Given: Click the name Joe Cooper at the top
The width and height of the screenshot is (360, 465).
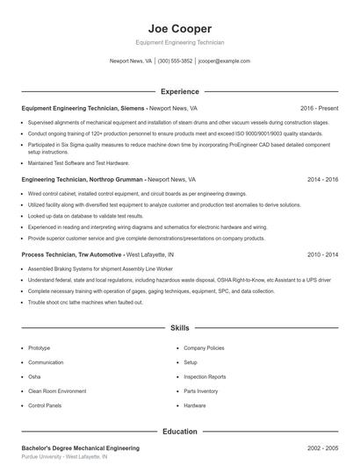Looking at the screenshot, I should [180, 28].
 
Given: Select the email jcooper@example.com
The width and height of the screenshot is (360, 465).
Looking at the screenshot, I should [224, 61].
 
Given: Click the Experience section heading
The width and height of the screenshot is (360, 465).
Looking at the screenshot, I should [180, 91].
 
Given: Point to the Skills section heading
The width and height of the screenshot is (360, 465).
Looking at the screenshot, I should [180, 328].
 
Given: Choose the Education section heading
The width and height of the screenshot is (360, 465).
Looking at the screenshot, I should [180, 432].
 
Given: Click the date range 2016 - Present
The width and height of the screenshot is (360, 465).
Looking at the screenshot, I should [319, 108].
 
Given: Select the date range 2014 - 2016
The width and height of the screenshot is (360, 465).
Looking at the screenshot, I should [322, 179].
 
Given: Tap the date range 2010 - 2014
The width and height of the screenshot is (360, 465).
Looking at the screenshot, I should [322, 254].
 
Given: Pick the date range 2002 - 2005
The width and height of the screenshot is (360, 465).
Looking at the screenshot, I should [322, 447].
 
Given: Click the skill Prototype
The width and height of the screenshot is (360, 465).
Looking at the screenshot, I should [40, 347].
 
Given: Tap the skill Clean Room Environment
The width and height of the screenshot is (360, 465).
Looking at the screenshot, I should [57, 391].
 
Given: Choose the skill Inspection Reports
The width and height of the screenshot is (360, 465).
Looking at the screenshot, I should [205, 376].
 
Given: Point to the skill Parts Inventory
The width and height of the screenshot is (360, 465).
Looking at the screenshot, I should [201, 391].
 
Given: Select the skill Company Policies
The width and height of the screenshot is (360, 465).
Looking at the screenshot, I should [204, 347].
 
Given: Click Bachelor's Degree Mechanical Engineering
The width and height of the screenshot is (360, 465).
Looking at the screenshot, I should [81, 447].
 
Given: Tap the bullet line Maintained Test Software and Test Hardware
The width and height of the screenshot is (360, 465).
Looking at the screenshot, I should [78, 162].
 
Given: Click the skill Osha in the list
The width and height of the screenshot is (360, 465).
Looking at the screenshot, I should [34, 376].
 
